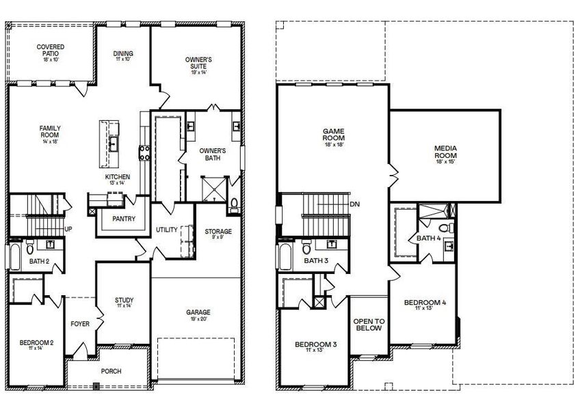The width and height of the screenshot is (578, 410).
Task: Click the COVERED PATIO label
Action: [51, 52]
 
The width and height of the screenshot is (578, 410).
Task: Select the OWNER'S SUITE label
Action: [198, 64]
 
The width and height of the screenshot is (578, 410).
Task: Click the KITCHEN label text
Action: [117, 177]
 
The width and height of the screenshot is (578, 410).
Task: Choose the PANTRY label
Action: [123, 219]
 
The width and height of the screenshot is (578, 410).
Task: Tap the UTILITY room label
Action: [166, 230]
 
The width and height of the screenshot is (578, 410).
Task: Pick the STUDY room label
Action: [124, 301]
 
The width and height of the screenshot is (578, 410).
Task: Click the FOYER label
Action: [81, 325]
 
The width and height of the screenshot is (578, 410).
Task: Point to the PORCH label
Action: [111, 371]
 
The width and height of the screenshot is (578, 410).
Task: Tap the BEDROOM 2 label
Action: [36, 342]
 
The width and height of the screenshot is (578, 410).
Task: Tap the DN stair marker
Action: [355, 204]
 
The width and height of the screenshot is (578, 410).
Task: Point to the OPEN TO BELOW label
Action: [369, 325]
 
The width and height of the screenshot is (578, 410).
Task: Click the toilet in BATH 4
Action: [444, 228]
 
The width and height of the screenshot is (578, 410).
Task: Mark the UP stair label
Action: [68, 229]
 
